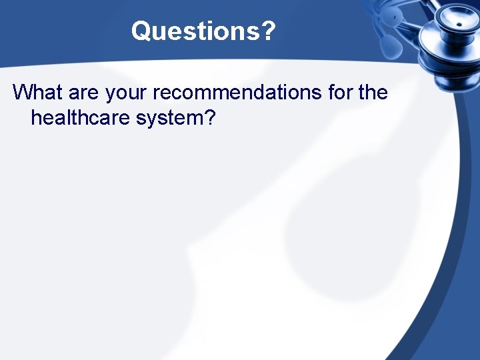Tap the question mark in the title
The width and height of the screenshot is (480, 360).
point(267,31)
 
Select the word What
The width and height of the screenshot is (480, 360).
point(37,92)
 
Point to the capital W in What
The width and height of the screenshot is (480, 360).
point(23,92)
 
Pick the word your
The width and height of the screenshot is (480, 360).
point(127,94)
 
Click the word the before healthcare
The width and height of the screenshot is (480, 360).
point(373,92)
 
